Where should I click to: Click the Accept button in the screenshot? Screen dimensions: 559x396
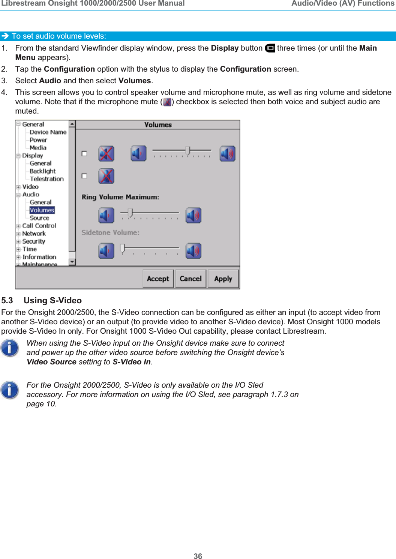coord(158,279)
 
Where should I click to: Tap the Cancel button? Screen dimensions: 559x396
coord(190,279)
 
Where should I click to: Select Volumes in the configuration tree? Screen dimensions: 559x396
coord(42,210)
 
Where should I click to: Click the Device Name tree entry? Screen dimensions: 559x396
coord(48,132)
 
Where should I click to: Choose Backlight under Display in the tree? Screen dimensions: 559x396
coord(42,171)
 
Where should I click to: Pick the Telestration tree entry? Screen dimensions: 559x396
coord(47,179)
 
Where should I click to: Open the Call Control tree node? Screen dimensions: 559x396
coord(39,226)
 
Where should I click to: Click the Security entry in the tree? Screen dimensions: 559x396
coord(34,241)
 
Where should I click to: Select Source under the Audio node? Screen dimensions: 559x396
coord(39,218)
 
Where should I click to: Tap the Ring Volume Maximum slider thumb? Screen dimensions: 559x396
coord(130,213)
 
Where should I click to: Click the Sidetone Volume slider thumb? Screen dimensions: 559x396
coord(122,248)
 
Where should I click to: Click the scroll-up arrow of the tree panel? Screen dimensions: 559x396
coord(72,124)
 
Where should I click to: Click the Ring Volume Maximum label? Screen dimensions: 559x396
coord(120,197)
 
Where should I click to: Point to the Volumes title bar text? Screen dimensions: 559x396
coord(158,125)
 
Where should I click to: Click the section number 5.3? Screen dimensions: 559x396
coord(7,301)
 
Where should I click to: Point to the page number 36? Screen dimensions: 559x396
coord(198,556)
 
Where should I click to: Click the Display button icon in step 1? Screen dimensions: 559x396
coord(270,48)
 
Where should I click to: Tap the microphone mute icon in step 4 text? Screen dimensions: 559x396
coord(167,102)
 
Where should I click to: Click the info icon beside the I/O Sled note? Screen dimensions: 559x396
coord(10,390)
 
